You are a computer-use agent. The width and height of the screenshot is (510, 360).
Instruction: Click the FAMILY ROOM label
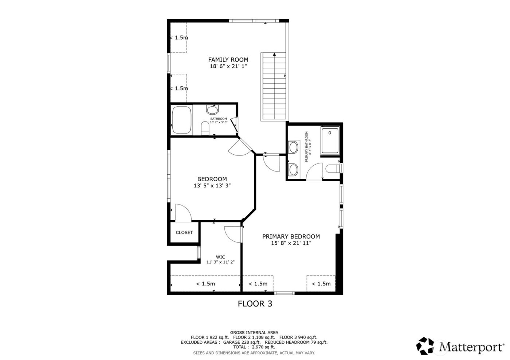point(228,60)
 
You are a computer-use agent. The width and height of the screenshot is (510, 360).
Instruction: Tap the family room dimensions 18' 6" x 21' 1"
point(228,66)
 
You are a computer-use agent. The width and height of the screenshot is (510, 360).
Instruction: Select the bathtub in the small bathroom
point(181,120)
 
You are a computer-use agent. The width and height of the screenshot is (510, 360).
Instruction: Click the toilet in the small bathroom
point(205,128)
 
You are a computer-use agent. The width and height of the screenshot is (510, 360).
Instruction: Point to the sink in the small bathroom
point(212,110)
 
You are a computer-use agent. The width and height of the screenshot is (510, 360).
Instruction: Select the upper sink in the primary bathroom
point(293,147)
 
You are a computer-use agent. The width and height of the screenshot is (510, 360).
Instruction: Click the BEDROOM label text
point(212,179)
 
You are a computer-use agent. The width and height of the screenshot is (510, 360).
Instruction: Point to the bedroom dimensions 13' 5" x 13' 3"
point(212,186)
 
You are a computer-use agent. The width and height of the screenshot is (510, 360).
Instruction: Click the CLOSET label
point(184,233)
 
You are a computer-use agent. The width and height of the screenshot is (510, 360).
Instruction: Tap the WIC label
point(220,257)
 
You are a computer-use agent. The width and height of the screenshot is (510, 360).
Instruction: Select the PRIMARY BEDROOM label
point(291,237)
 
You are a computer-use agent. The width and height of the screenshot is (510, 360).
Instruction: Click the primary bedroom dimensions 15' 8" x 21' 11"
point(291,243)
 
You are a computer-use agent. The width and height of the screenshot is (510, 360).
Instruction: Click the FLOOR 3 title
point(255,304)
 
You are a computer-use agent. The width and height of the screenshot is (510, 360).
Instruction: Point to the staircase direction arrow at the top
point(274,55)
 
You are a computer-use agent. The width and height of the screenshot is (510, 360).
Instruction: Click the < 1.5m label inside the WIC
point(205,284)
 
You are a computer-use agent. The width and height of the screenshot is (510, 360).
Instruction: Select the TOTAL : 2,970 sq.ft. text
point(254,347)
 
